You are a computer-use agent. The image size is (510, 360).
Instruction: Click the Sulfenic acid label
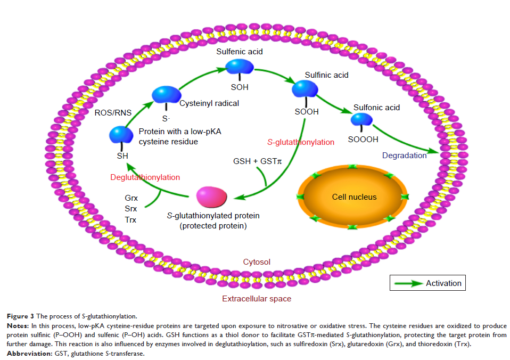tap(239, 52)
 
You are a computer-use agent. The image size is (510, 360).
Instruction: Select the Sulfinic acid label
tap(326, 75)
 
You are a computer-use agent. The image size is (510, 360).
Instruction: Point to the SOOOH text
tap(363, 140)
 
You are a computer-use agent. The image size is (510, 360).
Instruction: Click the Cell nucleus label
tap(354, 197)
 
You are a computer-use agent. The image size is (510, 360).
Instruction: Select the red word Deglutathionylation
tap(145, 177)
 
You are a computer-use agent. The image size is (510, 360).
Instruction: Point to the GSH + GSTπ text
tap(257, 160)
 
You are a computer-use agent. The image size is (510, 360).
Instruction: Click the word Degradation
tap(405, 156)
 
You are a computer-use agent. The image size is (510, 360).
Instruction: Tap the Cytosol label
tap(257, 262)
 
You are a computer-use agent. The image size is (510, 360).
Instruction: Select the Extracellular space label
tap(257, 299)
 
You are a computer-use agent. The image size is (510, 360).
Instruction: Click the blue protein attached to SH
tap(121, 135)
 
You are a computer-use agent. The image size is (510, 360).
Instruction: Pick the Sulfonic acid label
tap(376, 108)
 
